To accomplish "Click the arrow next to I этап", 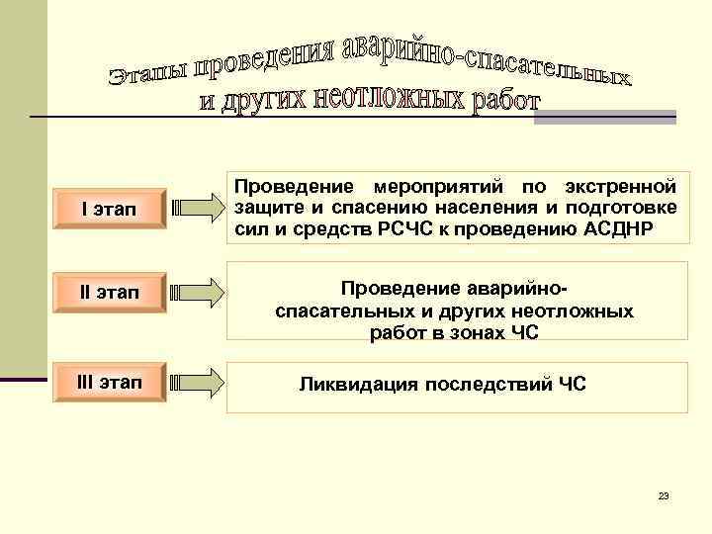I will (x=197, y=209).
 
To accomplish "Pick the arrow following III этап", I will (x=197, y=382).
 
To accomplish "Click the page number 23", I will (x=664, y=494).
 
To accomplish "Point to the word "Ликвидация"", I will (x=358, y=384).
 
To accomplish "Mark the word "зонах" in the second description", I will (x=468, y=332).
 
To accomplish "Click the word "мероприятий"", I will (x=437, y=187).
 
